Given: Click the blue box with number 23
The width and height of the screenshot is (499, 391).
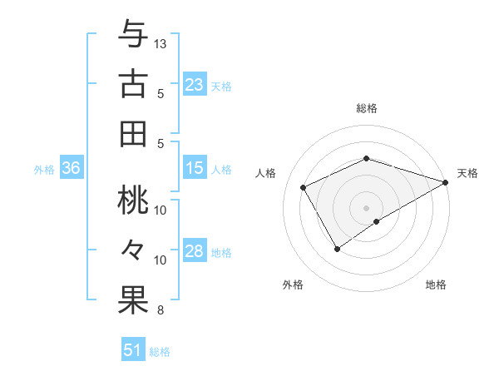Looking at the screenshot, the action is [195, 84].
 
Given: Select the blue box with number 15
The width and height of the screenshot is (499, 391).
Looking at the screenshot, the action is [195, 169].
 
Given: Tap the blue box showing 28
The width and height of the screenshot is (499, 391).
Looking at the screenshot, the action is [195, 252].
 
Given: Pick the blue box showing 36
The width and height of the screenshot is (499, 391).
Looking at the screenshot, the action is [72, 169].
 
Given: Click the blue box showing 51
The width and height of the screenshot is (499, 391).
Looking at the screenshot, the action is [133, 350].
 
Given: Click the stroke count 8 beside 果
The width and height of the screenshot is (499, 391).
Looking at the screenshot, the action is [161, 311].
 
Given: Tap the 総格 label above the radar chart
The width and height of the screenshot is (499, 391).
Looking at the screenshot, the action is [366, 109].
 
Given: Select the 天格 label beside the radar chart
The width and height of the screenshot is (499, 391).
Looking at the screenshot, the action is [467, 173].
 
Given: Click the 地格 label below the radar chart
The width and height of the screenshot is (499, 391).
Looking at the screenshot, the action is [436, 285].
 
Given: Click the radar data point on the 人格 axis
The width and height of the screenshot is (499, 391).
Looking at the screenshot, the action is [304, 187].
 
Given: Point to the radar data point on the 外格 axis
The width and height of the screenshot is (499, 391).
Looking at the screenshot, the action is [337, 249].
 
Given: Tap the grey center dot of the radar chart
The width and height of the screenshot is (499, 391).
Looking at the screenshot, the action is [366, 207].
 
